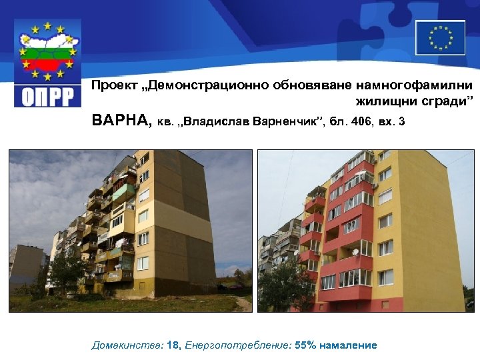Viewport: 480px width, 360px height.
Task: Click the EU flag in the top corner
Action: [x=440, y=37]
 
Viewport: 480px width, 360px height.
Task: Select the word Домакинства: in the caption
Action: [x=127, y=345]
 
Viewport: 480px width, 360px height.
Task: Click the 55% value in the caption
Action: [x=307, y=345]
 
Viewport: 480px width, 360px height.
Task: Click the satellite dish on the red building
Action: [x=355, y=251]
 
